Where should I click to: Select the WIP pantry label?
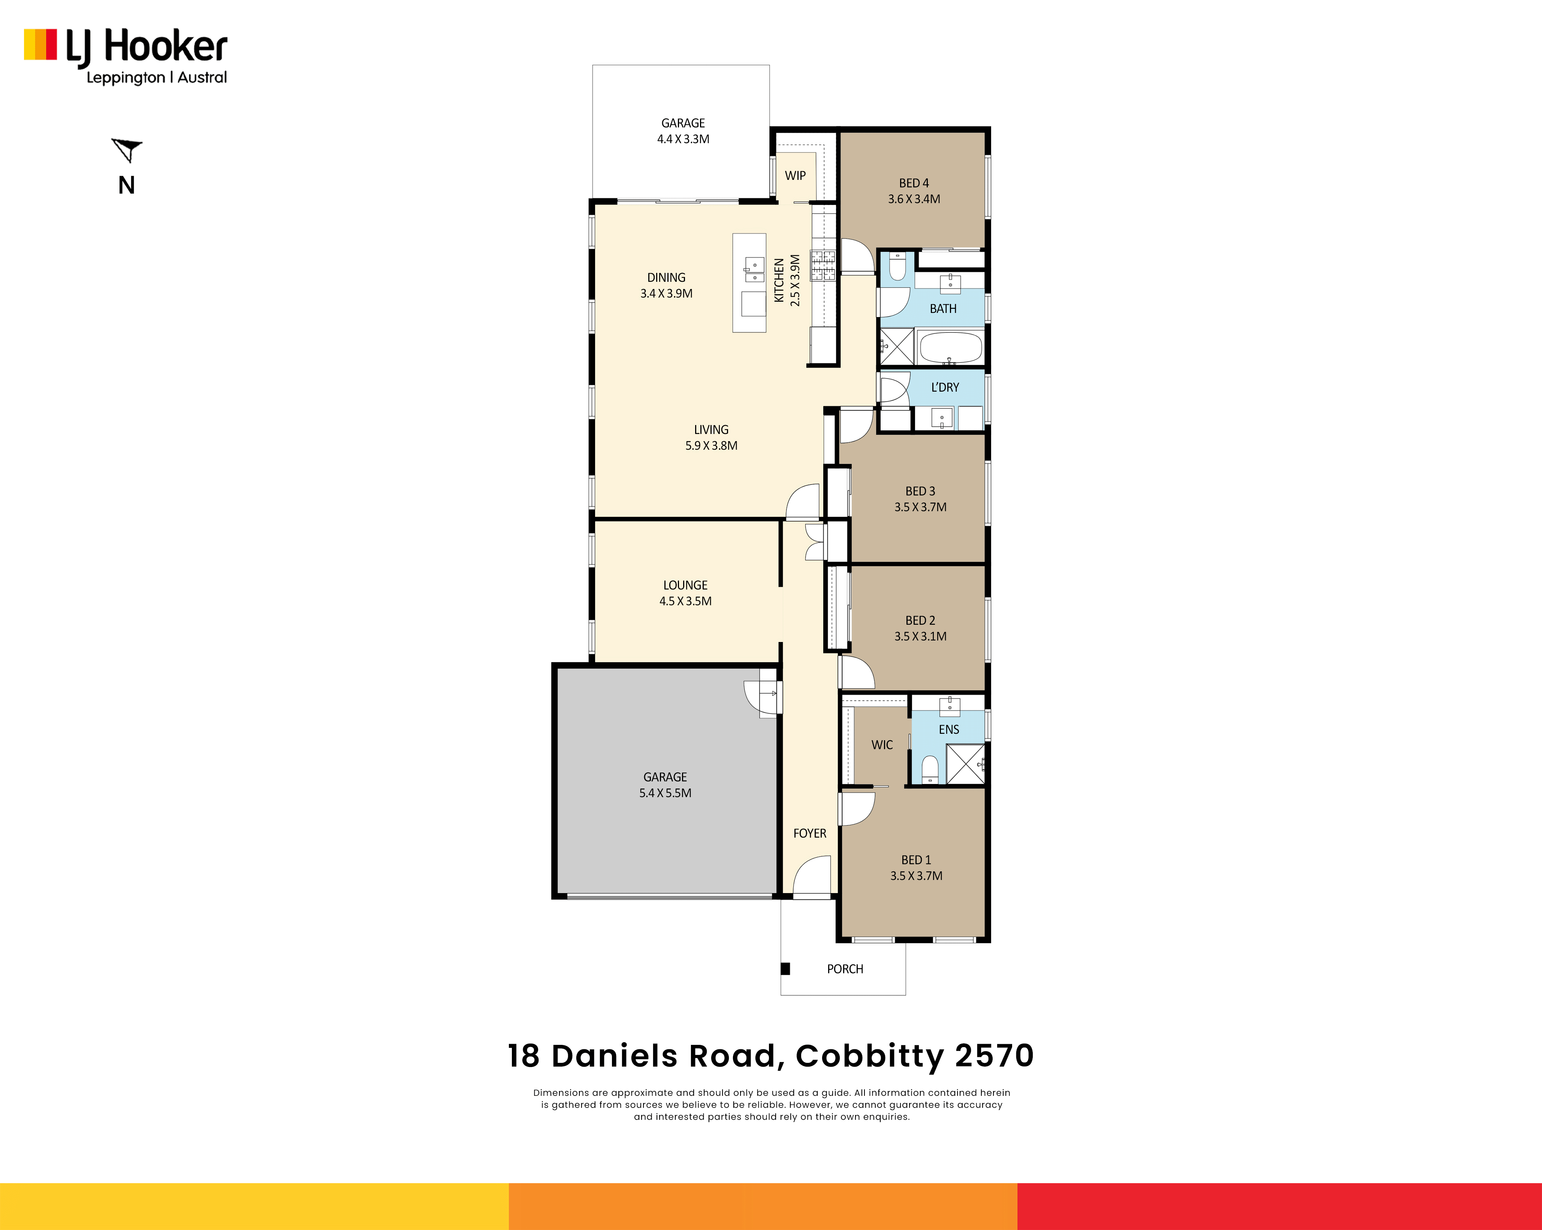pyautogui.click(x=795, y=175)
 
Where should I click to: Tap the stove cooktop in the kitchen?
pyautogui.click(x=823, y=265)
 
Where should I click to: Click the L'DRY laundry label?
pyautogui.click(x=945, y=387)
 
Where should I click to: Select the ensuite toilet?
pyautogui.click(x=930, y=769)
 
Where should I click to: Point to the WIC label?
pyautogui.click(x=882, y=744)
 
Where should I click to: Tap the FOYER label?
pyautogui.click(x=810, y=833)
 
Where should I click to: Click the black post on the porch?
pyautogui.click(x=785, y=969)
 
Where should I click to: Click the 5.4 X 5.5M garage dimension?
pyautogui.click(x=665, y=793)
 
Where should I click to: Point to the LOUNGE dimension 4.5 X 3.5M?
pyautogui.click(x=685, y=602)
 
